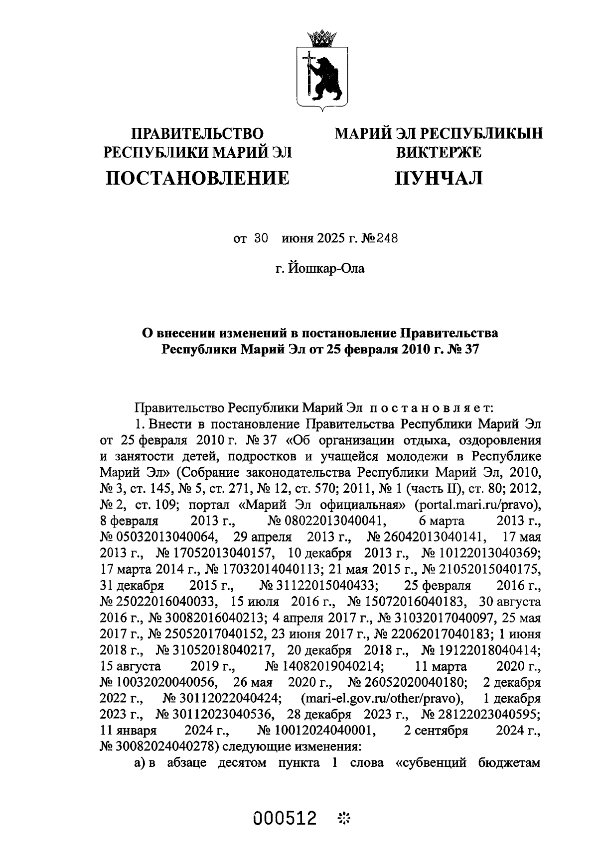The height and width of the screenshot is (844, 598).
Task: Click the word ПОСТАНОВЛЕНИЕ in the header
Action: [x=197, y=177]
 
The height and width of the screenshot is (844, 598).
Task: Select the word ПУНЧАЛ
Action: [x=439, y=177]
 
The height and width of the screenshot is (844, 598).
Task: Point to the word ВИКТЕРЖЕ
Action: [x=439, y=152]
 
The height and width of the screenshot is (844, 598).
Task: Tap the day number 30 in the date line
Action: [x=261, y=238]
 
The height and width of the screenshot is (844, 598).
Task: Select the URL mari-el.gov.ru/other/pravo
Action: [x=382, y=699]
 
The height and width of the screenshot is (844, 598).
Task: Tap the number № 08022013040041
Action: [x=317, y=522]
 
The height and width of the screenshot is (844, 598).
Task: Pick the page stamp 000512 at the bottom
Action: [x=286, y=818]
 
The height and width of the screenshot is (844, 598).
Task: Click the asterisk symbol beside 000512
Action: [x=344, y=818]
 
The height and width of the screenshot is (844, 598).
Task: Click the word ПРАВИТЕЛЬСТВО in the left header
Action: [x=197, y=133]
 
